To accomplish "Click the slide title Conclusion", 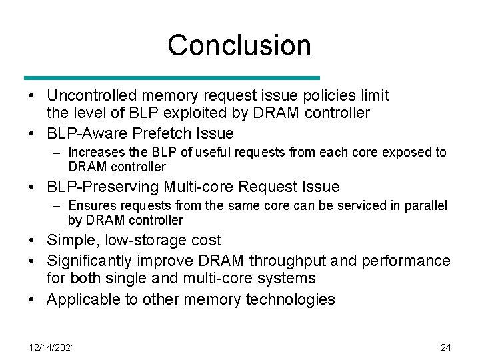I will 239,45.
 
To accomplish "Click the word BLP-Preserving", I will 100,187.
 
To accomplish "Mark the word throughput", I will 287,260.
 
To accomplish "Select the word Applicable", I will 84,299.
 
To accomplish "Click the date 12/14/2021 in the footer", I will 52,347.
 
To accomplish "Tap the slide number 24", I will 446,347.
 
